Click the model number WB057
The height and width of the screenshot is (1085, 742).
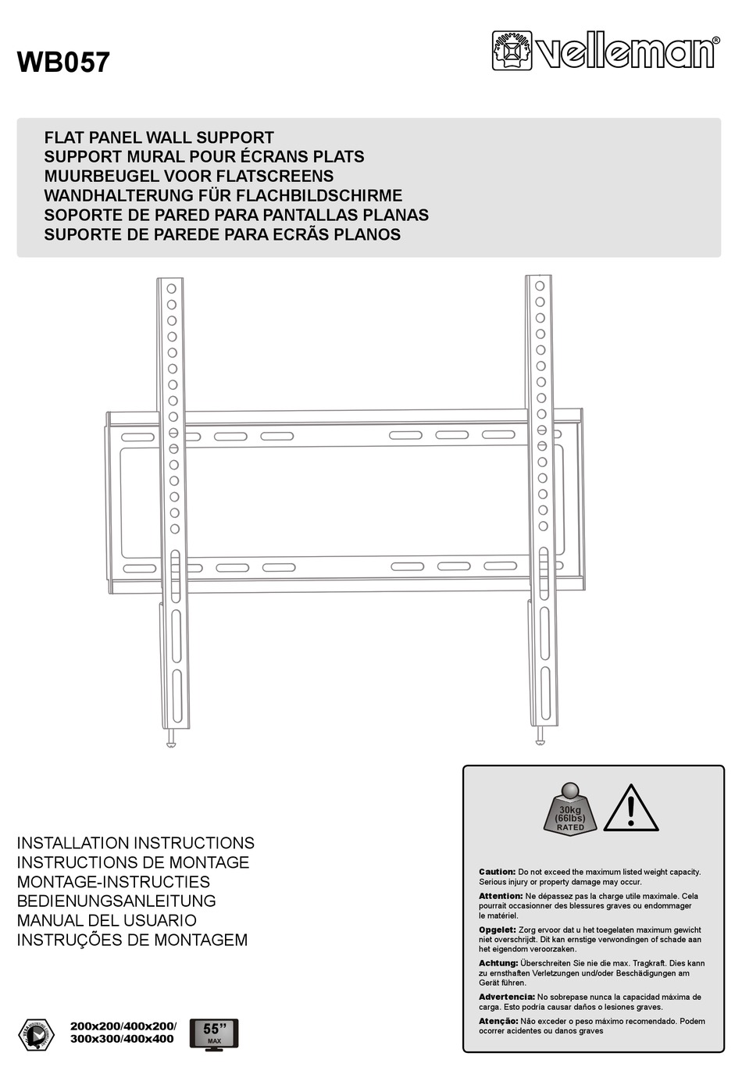pyautogui.click(x=63, y=62)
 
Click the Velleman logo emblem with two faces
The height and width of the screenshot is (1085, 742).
pyautogui.click(x=512, y=51)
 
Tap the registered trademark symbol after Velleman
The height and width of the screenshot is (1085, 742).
pyautogui.click(x=715, y=41)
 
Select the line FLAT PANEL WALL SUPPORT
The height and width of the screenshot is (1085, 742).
pyautogui.click(x=159, y=137)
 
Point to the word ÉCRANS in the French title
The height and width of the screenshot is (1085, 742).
pyautogui.click(x=269, y=157)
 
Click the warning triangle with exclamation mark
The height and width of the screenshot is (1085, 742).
pyautogui.click(x=630, y=808)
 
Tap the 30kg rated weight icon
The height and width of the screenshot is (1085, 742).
pyautogui.click(x=570, y=808)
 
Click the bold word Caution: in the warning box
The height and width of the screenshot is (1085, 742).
pyautogui.click(x=497, y=872)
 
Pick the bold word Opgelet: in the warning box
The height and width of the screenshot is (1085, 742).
pyautogui.click(x=497, y=930)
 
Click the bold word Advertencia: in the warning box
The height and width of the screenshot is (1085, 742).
pyautogui.click(x=506, y=997)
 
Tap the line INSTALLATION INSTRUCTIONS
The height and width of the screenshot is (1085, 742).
pyautogui.click(x=135, y=844)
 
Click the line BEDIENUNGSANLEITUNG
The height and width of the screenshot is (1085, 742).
pyautogui.click(x=116, y=901)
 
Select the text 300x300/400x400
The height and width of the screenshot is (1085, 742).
pyautogui.click(x=122, y=1039)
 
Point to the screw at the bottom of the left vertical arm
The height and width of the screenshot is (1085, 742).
pyautogui.click(x=172, y=741)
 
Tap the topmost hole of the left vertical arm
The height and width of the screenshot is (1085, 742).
pyautogui.click(x=171, y=289)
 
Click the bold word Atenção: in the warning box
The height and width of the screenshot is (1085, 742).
pyautogui.click(x=498, y=1021)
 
